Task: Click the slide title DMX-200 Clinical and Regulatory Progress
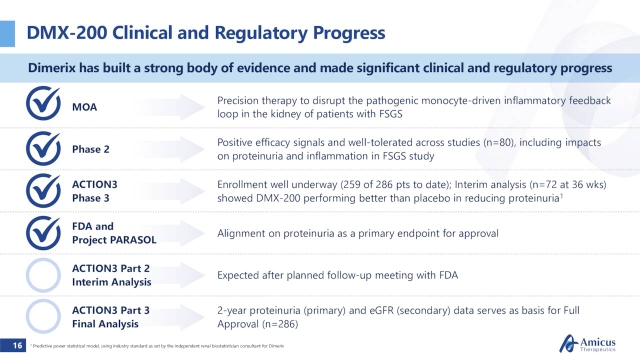click(206, 32)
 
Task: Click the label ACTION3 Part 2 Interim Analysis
click(111, 274)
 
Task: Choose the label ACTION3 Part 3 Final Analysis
click(111, 316)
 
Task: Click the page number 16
click(17, 345)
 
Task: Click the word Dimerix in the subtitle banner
click(58, 67)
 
